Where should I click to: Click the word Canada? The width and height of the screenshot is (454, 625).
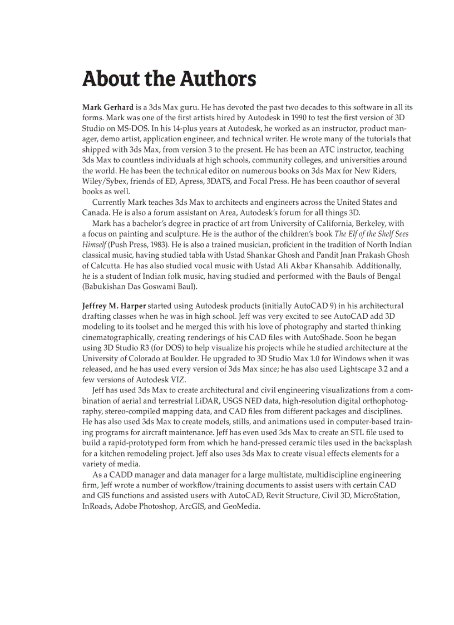[x=96, y=213]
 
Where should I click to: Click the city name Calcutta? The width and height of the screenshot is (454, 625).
[x=107, y=266]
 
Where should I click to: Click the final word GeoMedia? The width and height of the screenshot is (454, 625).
[x=241, y=507]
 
